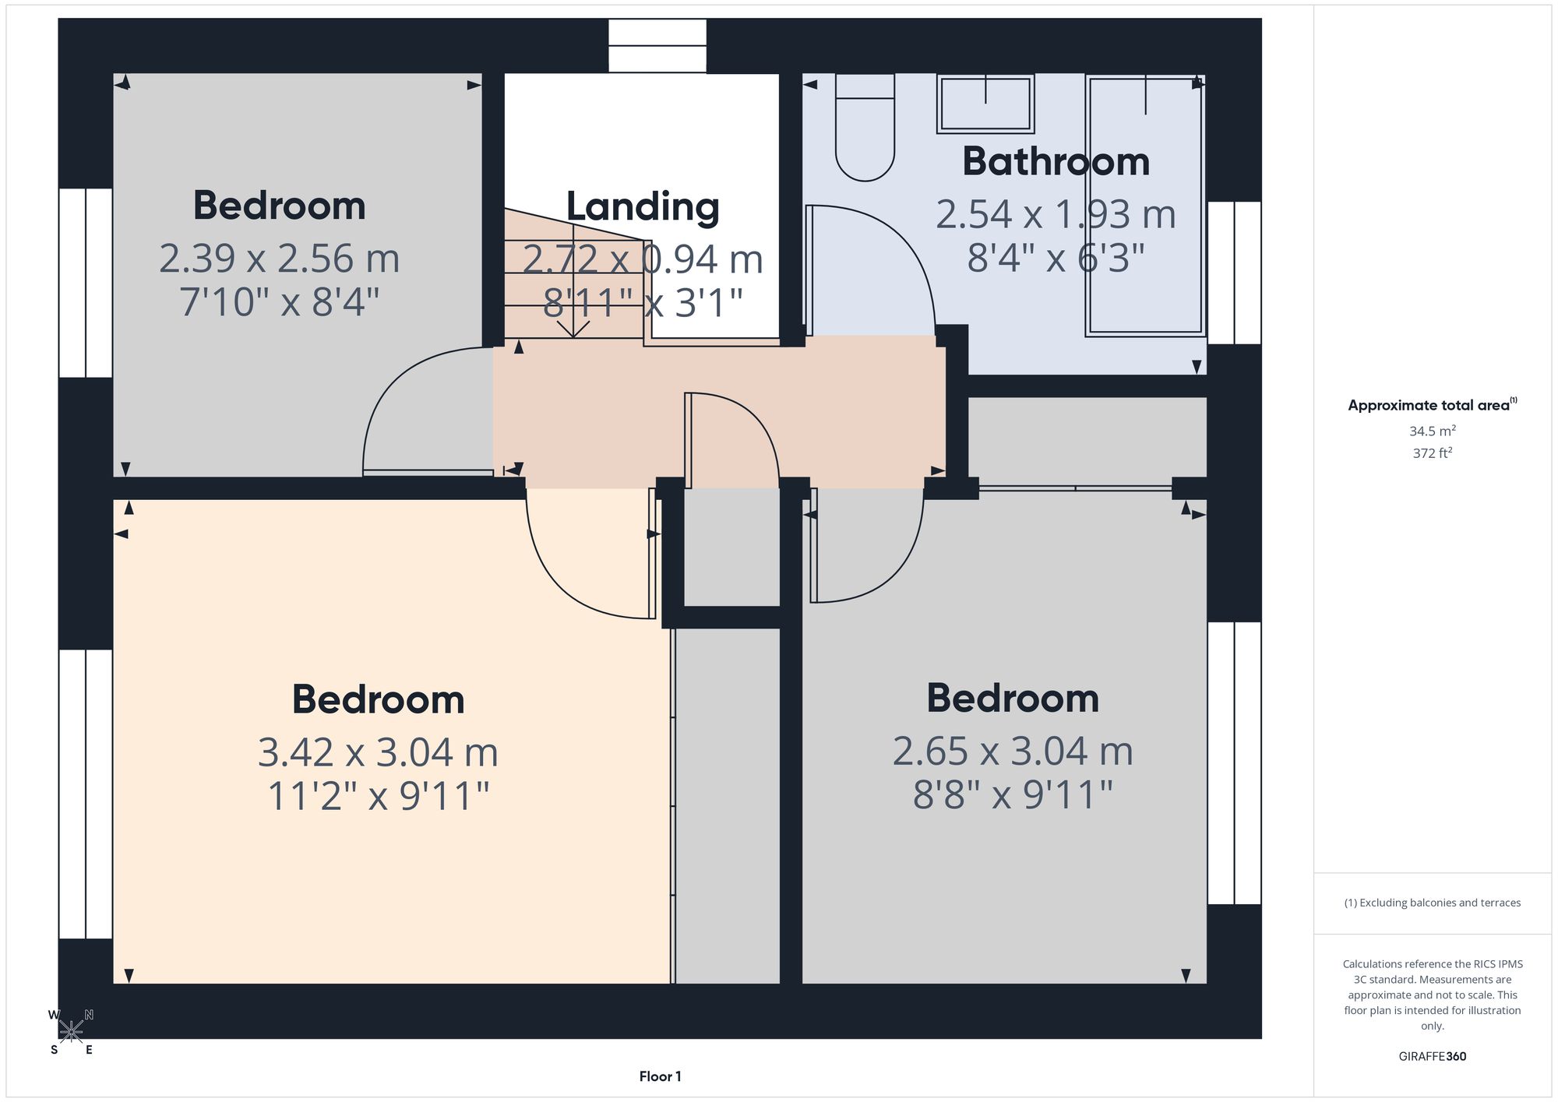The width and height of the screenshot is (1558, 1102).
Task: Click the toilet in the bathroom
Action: (x=865, y=128)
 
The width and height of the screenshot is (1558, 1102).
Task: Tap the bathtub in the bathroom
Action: (x=1145, y=206)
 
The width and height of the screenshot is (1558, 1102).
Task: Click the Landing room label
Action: (x=643, y=207)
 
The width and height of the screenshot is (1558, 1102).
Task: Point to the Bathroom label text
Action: (x=1056, y=161)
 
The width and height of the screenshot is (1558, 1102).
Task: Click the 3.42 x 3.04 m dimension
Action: (x=378, y=752)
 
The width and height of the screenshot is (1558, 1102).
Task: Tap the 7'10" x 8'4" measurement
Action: (x=279, y=301)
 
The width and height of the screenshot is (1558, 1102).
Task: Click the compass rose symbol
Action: (x=71, y=1032)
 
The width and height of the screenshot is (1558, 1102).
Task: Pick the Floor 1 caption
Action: (x=660, y=1076)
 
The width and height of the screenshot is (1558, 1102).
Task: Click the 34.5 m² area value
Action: (x=1432, y=431)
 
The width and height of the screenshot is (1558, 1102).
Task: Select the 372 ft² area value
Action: (x=1432, y=452)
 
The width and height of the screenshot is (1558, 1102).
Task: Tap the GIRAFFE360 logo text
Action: (x=1432, y=1056)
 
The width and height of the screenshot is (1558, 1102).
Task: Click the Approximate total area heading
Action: (x=1433, y=404)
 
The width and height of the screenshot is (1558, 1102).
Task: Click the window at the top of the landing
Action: (x=657, y=46)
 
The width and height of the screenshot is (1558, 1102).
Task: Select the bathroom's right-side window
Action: (x=1234, y=273)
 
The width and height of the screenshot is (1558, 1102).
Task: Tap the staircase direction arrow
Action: (x=573, y=281)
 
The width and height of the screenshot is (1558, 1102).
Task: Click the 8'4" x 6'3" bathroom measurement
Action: (x=1056, y=258)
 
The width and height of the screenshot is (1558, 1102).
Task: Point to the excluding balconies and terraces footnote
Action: (x=1432, y=903)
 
